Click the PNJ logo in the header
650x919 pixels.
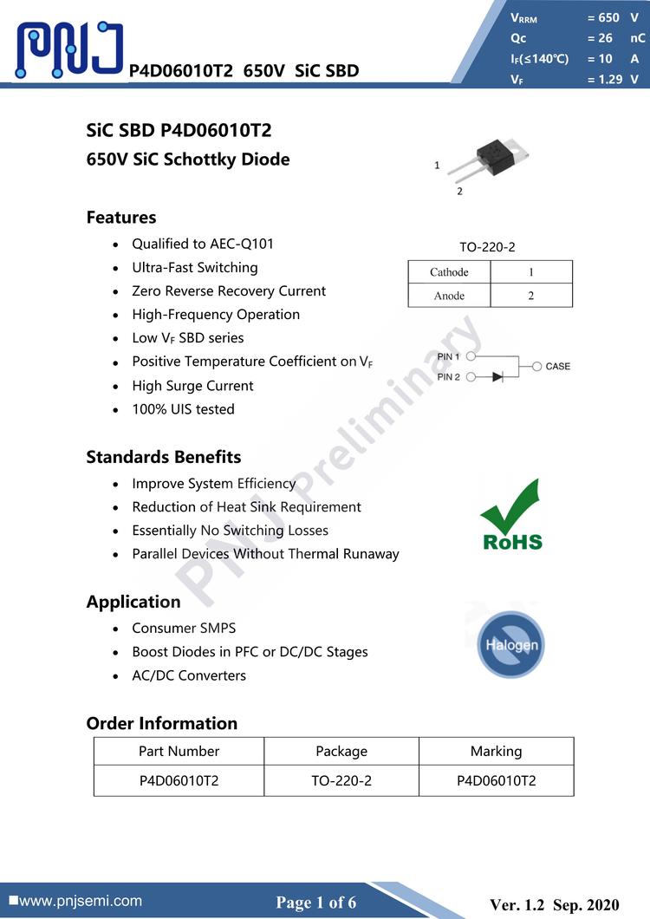pos(69,49)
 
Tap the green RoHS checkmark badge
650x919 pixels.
pos(511,515)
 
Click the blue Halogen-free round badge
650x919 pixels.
pos(511,644)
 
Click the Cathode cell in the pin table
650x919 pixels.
pos(449,272)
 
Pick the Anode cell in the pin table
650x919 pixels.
pos(449,296)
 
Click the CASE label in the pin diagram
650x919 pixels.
pos(557,367)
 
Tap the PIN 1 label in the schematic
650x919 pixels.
pos(449,356)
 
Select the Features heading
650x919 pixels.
pos(121,218)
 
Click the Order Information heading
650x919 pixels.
pos(161,723)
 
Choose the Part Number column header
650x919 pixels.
pos(179,751)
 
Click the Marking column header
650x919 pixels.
pos(496,751)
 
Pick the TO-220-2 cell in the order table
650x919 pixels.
pos(341,780)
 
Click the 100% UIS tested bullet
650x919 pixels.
pos(183,409)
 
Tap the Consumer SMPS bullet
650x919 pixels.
pos(184,628)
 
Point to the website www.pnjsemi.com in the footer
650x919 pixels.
pos(80,902)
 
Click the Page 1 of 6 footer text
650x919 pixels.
pos(315,903)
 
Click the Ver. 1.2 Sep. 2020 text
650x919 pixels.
pos(555,905)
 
